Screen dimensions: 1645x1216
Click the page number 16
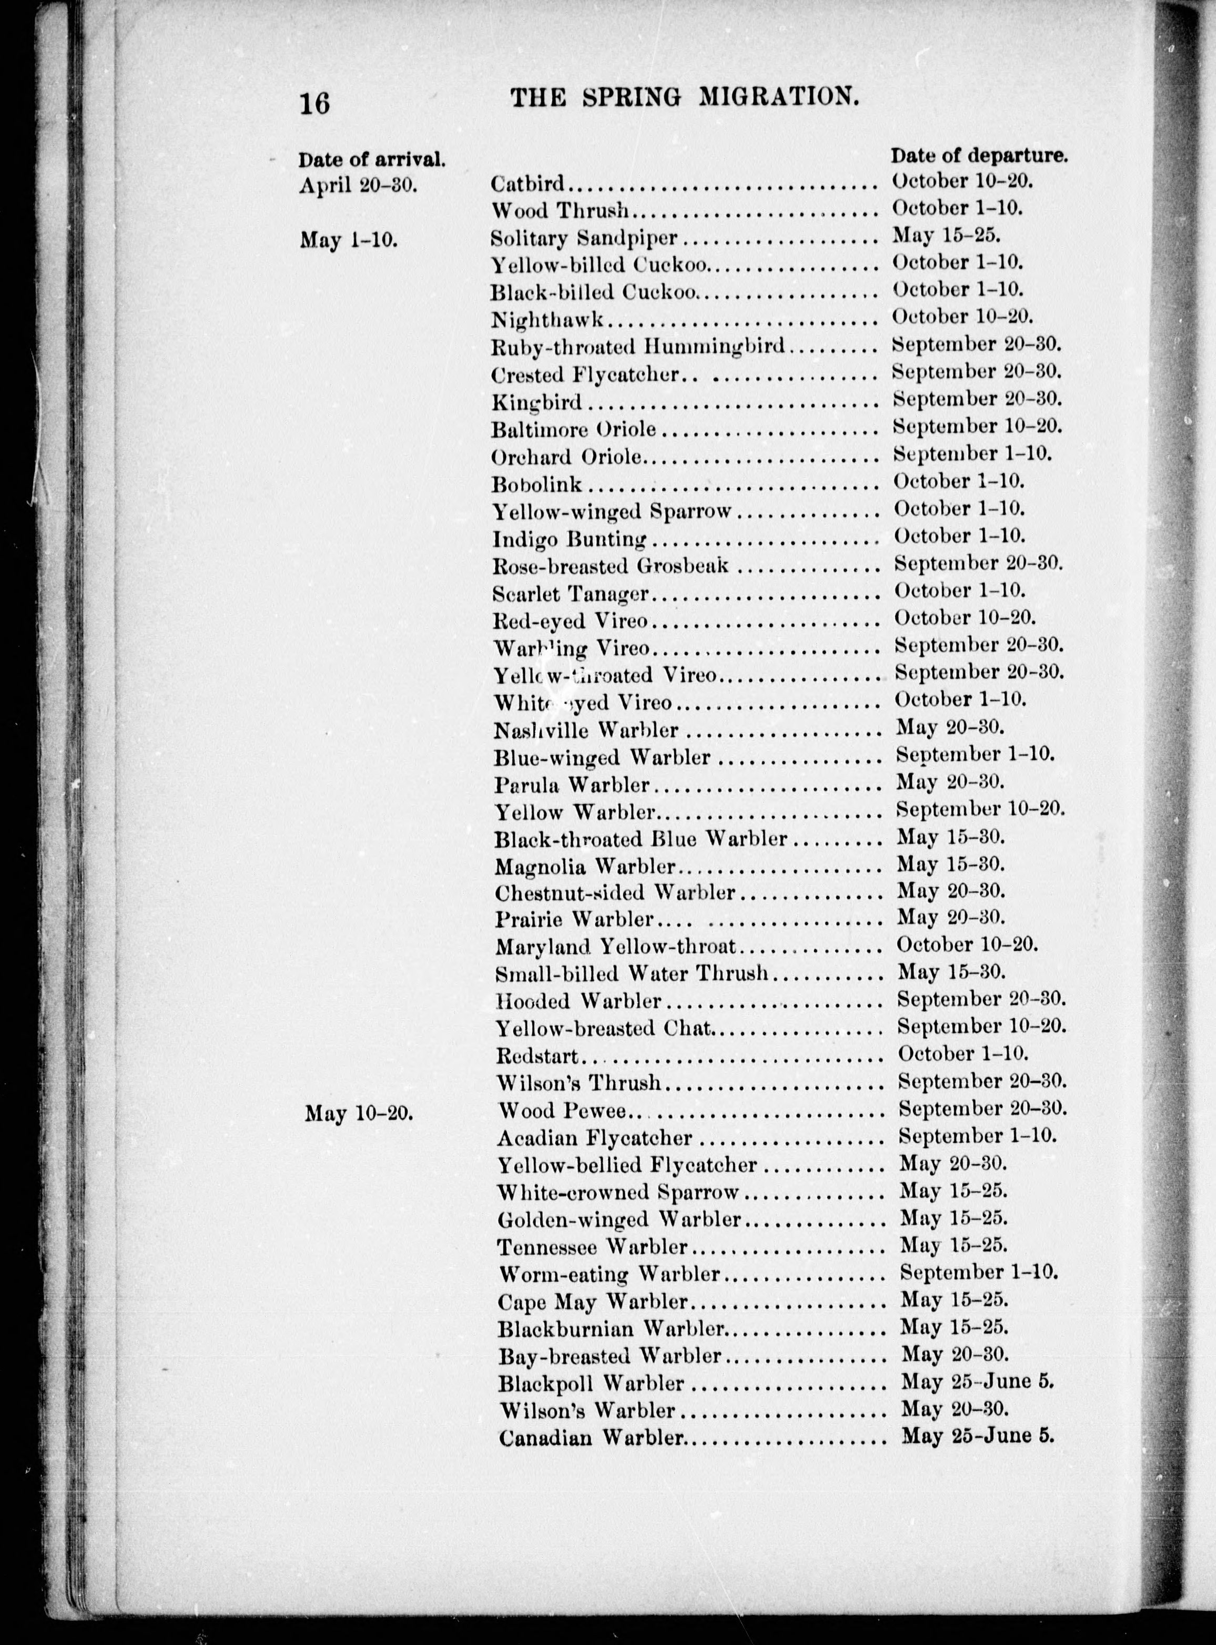coord(315,103)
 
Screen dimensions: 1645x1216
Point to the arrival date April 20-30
coord(359,186)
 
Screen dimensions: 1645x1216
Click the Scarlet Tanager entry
coord(571,593)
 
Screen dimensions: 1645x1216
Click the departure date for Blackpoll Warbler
coord(978,1382)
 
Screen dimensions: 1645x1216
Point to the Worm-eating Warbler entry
coord(609,1273)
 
